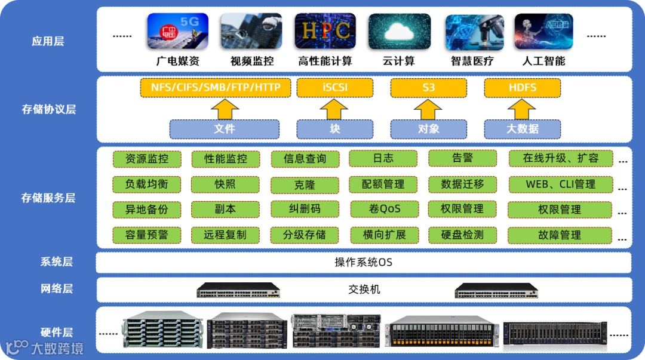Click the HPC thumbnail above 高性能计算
click(325, 31)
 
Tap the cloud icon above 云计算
click(398, 31)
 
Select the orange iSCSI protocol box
click(335, 88)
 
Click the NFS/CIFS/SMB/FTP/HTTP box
click(216, 88)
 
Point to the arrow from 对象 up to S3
click(428, 109)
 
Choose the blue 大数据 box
click(523, 129)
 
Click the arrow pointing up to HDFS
click(523, 109)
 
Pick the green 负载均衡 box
click(146, 184)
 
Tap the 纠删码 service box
click(305, 210)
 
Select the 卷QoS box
click(383, 210)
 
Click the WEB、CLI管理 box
click(560, 184)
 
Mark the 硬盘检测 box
click(462, 235)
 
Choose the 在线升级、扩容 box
click(560, 159)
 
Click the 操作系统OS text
click(363, 263)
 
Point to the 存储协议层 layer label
click(48, 109)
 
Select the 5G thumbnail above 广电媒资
click(178, 31)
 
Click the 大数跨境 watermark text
click(57, 348)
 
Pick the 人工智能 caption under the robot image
click(543, 61)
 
